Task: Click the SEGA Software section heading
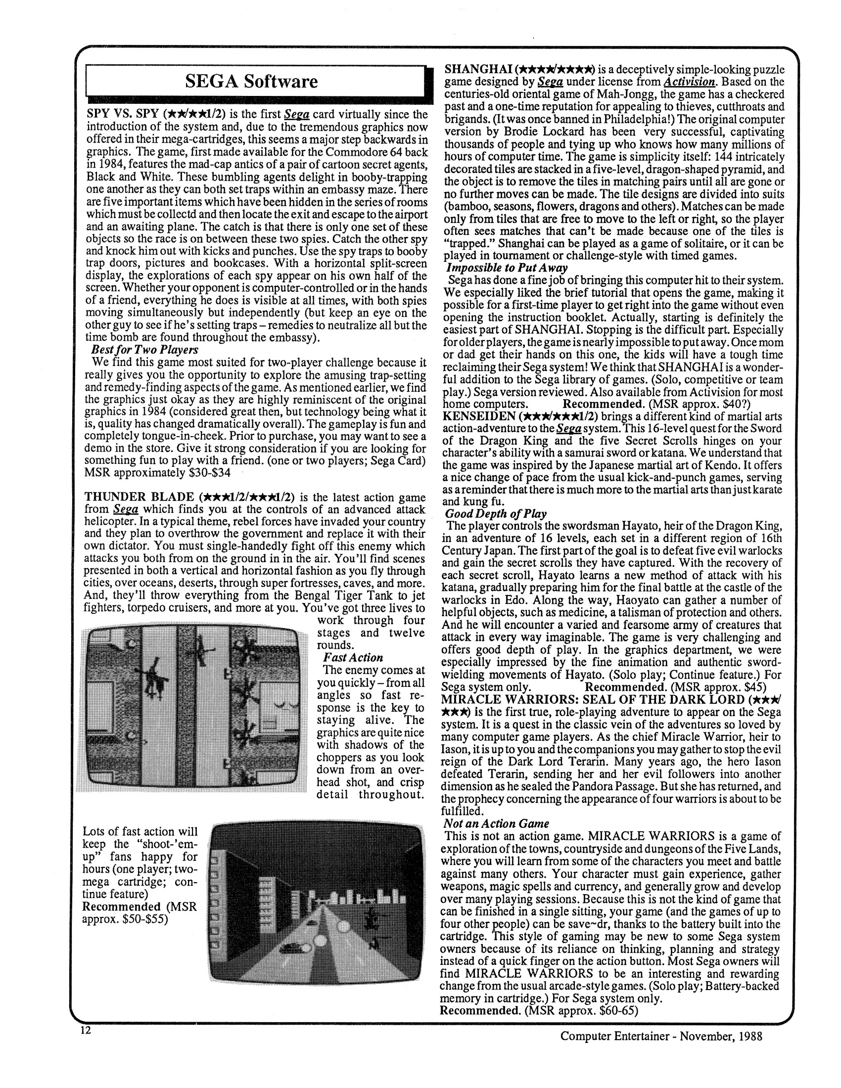coord(251,81)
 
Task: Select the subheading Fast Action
coord(353,658)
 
